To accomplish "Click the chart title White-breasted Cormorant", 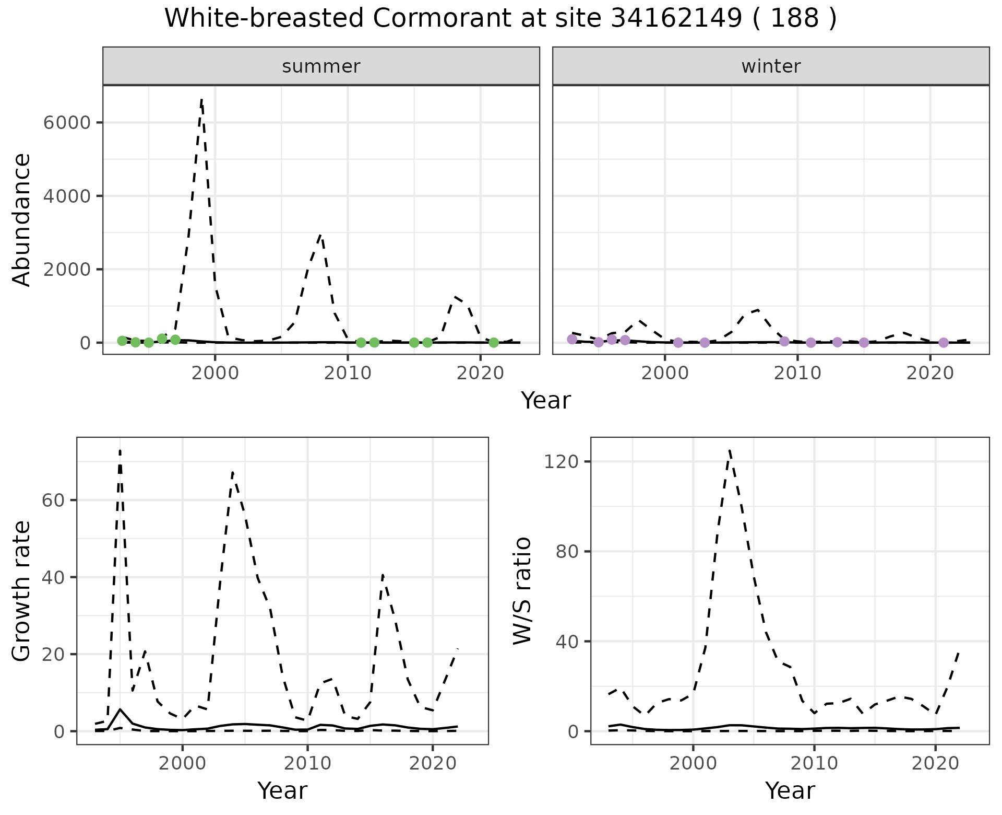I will (x=500, y=19).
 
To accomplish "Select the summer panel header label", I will (x=321, y=66).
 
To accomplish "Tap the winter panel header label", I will (x=771, y=66).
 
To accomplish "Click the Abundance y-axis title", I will (x=22, y=219).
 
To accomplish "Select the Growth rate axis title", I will (x=22, y=591).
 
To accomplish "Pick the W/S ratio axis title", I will (x=522, y=591).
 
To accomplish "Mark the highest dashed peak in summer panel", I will (x=201, y=99).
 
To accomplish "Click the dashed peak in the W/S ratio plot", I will (x=729, y=450).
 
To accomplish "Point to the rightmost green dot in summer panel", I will (x=494, y=343).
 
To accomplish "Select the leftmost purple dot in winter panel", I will (x=572, y=340).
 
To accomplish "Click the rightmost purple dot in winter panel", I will (x=944, y=343).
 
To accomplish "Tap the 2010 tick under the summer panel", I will (x=348, y=374).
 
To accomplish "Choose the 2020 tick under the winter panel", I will (x=930, y=374).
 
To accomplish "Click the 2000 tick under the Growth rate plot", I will (x=182, y=763).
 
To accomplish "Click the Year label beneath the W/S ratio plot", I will (x=790, y=791).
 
